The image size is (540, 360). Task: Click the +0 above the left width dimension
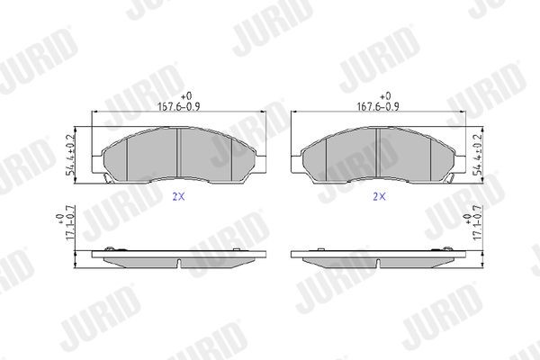tap(186, 95)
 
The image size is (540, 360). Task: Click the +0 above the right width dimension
tap(386, 95)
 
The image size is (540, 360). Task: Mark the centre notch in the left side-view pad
tap(181, 265)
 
